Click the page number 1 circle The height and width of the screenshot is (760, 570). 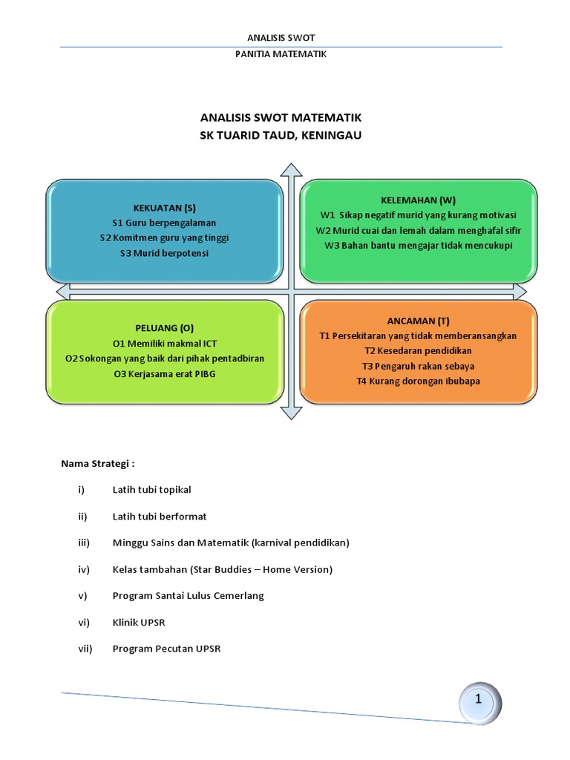click(479, 699)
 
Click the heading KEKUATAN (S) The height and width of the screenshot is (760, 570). click(165, 207)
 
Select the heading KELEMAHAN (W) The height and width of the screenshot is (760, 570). click(418, 200)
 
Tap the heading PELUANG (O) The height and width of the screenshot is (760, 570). click(165, 328)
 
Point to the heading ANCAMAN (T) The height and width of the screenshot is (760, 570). click(418, 321)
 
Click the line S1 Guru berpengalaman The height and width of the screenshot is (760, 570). click(165, 223)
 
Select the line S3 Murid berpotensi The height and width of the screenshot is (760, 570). click(165, 252)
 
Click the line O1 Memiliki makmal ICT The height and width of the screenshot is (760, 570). click(165, 344)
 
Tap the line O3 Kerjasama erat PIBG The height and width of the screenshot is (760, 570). click(165, 373)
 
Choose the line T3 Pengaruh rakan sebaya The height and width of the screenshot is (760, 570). click(418, 366)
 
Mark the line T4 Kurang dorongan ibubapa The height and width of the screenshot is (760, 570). click(418, 381)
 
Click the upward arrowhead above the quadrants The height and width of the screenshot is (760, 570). click(289, 172)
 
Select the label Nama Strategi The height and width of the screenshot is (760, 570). click(97, 464)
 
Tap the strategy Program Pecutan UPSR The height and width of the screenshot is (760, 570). click(166, 649)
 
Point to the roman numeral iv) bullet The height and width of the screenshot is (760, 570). click(83, 569)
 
